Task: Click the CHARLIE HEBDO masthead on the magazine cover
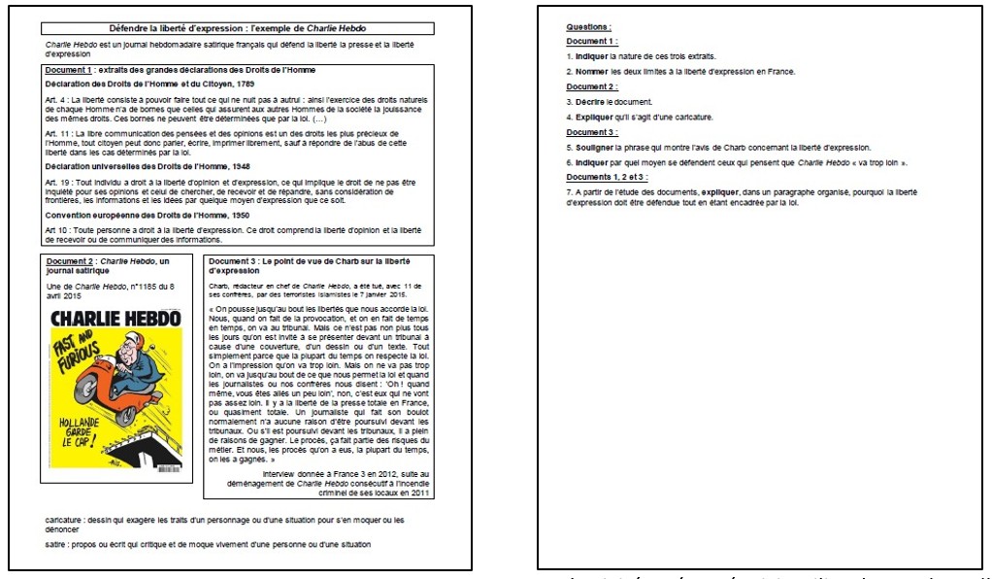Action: [115, 319]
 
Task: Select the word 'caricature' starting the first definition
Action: [63, 520]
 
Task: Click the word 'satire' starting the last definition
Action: [55, 544]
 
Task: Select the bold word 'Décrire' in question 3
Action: [589, 101]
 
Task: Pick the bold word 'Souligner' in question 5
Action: [593, 147]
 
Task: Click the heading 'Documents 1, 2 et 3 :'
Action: [609, 177]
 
